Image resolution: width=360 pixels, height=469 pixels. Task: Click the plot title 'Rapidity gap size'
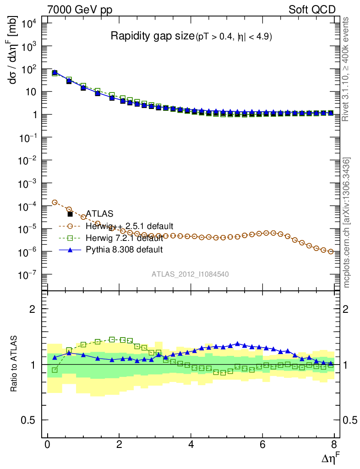pos(153,36)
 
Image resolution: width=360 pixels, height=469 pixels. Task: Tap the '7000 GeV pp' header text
pos(80,10)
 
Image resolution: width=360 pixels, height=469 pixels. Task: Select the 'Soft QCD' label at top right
pos(311,10)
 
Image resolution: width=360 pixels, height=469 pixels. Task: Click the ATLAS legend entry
pos(99,214)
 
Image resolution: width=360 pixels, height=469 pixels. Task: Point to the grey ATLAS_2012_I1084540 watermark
pos(190,274)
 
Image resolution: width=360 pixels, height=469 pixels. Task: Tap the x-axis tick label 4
pos(191,444)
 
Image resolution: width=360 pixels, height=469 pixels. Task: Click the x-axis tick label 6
pos(262,444)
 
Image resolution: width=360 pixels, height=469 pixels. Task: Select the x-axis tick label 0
pos(48,444)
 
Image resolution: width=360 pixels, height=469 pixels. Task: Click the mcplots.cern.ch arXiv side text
pos(347,222)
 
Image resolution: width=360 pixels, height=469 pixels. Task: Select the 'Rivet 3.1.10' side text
pos(347,69)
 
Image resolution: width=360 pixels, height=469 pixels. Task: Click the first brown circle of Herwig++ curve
pos(55,202)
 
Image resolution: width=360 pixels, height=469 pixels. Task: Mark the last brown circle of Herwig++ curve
pos(331,251)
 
